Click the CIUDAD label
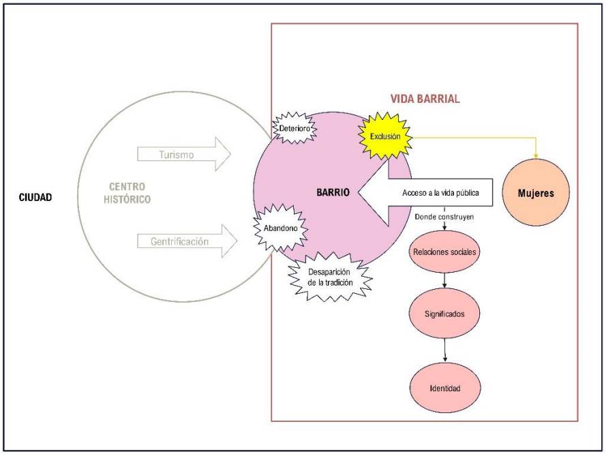pyautogui.click(x=36, y=198)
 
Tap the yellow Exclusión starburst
pyautogui.click(x=386, y=136)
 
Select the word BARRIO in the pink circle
pyautogui.click(x=333, y=193)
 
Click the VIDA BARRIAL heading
pyautogui.click(x=425, y=99)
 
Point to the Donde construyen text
pyautogui.click(x=445, y=216)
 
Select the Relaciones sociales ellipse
pyautogui.click(x=444, y=252)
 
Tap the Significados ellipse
pyautogui.click(x=445, y=314)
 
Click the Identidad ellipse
pyautogui.click(x=445, y=388)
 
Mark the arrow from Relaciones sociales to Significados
pyautogui.click(x=444, y=279)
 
